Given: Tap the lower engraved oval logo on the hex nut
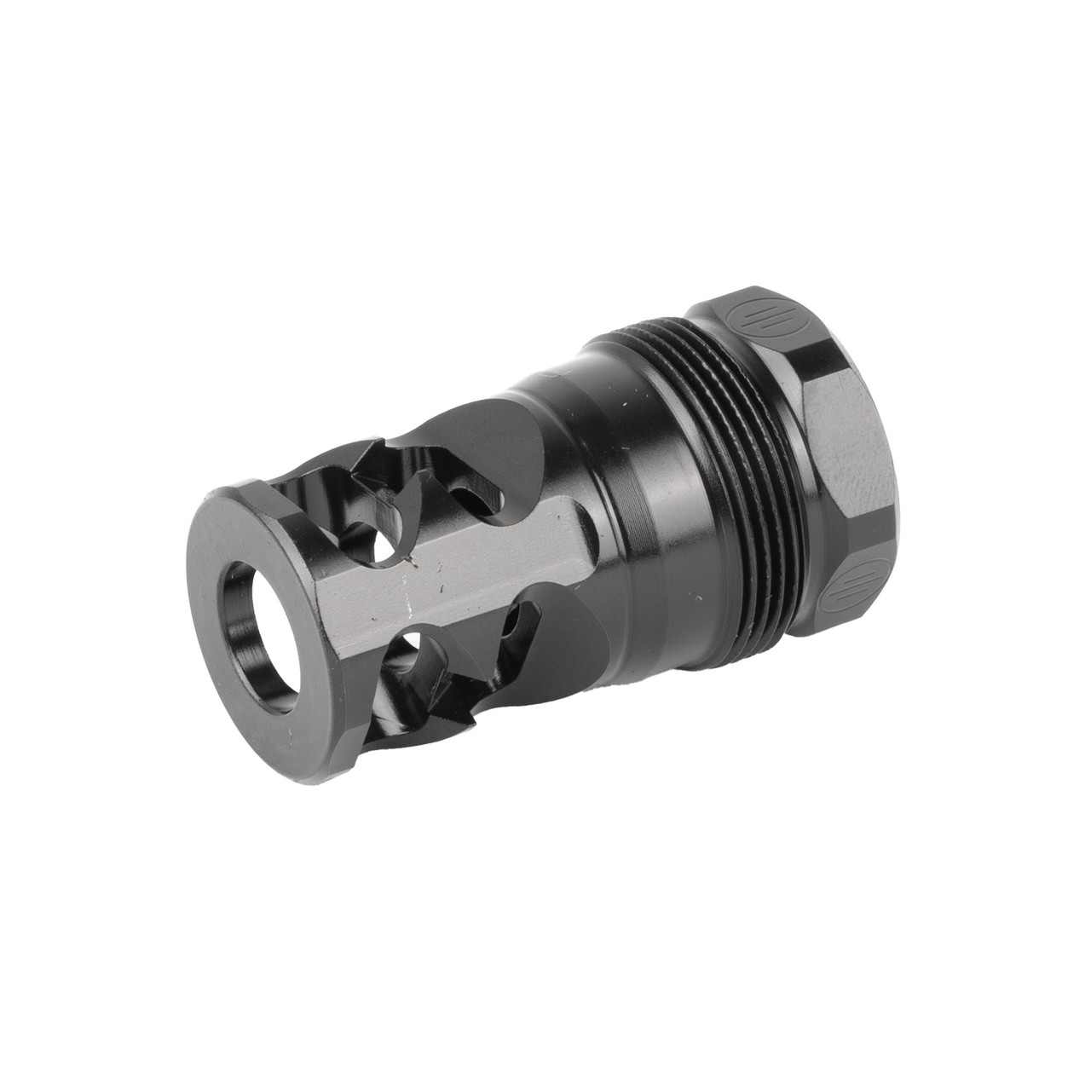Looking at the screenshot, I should point(846,591).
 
